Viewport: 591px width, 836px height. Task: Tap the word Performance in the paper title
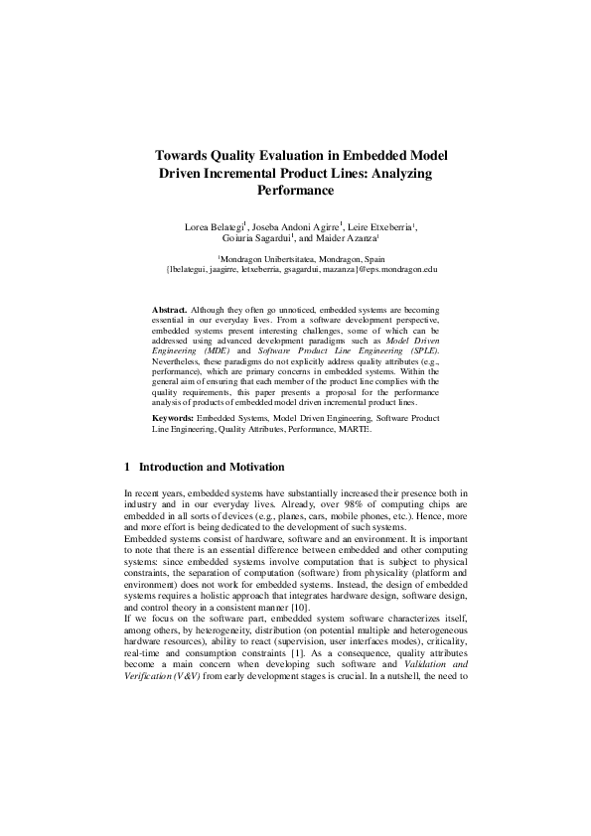coord(295,189)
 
